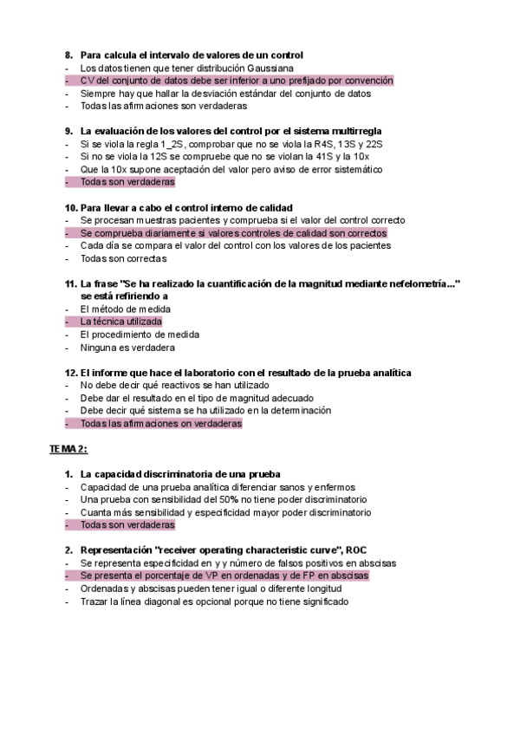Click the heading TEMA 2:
point(68,449)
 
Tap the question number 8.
point(68,55)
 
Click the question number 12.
point(70,372)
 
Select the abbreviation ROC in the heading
point(356,550)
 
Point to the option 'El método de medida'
point(125,309)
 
